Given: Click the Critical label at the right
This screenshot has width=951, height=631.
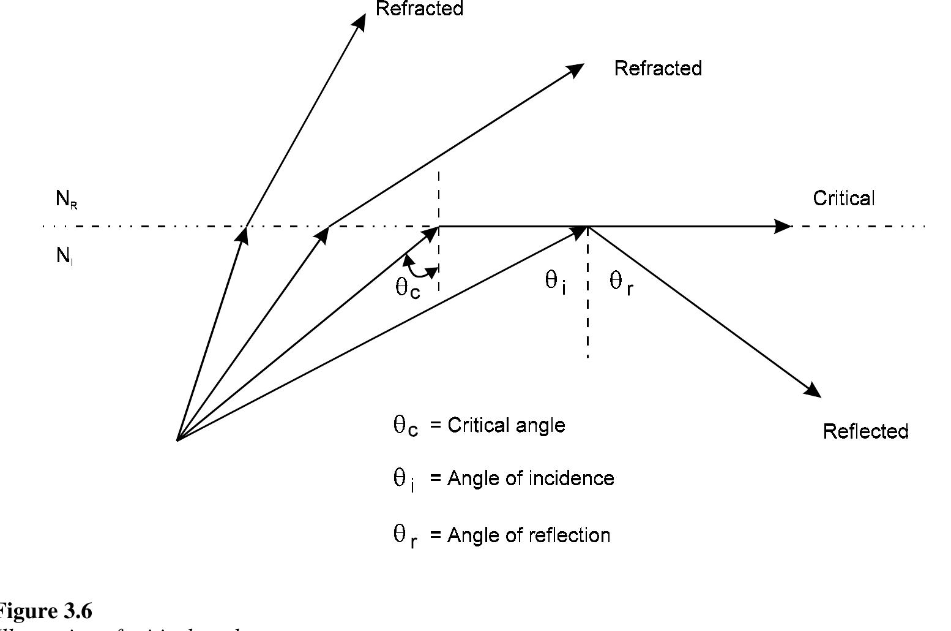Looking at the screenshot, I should click(x=843, y=198).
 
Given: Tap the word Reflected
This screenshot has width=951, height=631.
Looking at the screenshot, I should click(x=865, y=431).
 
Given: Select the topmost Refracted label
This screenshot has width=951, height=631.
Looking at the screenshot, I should click(x=419, y=9).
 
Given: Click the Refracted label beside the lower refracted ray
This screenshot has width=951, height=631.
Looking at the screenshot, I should click(x=658, y=68).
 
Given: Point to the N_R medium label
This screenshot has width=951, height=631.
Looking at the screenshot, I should click(x=66, y=199).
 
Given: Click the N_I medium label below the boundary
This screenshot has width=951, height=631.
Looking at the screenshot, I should click(x=64, y=256).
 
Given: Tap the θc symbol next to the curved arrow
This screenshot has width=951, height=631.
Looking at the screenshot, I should click(x=407, y=287).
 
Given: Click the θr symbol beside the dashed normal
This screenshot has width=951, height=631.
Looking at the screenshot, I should click(x=621, y=283).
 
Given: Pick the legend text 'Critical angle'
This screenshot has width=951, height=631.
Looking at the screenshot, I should click(x=506, y=425).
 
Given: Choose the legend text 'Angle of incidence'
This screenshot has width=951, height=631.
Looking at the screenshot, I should click(x=530, y=478).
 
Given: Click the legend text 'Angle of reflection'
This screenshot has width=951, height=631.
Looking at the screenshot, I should click(x=528, y=535).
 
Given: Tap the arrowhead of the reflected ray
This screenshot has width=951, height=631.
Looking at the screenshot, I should click(x=814, y=391).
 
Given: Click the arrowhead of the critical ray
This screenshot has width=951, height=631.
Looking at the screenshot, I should click(x=783, y=227).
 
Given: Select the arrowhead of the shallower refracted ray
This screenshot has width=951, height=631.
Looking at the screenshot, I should click(x=576, y=69).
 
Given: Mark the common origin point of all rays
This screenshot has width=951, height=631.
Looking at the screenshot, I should click(x=177, y=439).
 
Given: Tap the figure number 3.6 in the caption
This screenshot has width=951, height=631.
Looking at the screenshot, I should click(x=76, y=611).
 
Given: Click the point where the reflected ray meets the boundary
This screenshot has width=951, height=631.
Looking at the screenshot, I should click(x=587, y=227).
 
